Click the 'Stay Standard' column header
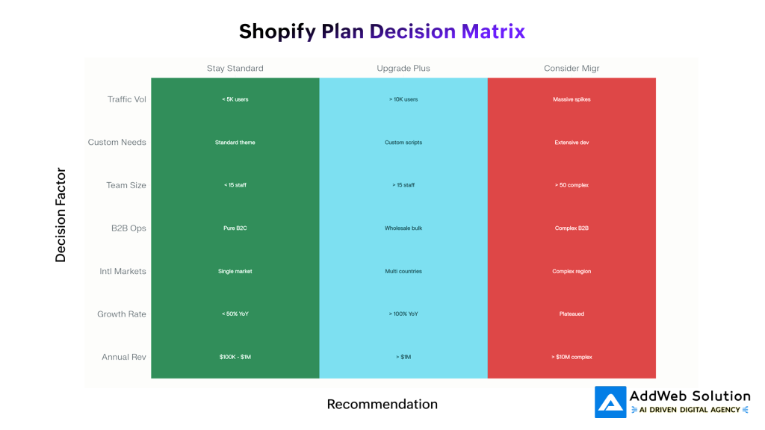[235, 69]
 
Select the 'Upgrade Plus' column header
[403, 69]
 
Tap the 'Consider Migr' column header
[572, 69]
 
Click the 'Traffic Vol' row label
[126, 99]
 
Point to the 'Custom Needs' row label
[117, 143]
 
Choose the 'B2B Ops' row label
[128, 228]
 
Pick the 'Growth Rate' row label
[121, 314]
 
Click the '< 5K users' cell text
[235, 99]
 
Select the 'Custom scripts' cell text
[403, 143]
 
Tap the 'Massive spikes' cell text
[572, 99]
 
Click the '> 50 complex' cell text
[572, 185]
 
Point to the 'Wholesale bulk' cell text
[403, 228]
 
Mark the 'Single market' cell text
[235, 271]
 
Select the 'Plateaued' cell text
[572, 314]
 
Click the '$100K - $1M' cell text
[235, 357]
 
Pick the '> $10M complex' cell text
[572, 357]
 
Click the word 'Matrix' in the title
[493, 31]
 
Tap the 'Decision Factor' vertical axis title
[61, 215]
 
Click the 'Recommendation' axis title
[382, 405]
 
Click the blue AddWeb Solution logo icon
[610, 402]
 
